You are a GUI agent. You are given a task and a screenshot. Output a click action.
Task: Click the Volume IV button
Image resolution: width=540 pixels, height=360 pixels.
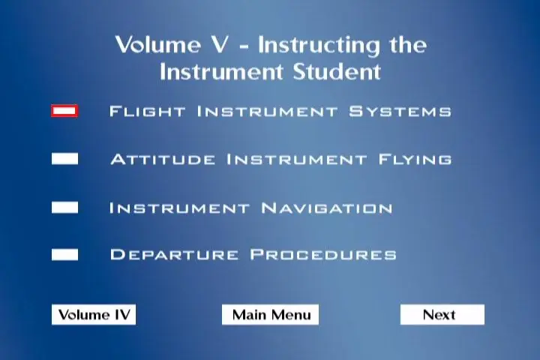tap(94, 314)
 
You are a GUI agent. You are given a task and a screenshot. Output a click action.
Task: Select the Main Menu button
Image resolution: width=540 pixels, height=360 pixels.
tap(270, 314)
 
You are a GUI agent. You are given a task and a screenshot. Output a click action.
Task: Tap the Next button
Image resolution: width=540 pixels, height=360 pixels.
tap(442, 314)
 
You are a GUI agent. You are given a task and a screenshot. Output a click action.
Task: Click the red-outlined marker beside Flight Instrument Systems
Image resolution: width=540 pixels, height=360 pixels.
tap(64, 111)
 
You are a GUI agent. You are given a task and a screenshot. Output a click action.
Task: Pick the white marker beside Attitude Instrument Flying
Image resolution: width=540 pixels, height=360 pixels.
tap(64, 159)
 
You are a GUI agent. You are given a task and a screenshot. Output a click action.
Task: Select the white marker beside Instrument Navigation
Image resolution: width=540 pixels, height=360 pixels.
tap(64, 208)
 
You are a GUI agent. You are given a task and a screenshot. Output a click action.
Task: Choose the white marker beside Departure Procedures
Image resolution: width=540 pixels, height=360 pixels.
tap(64, 254)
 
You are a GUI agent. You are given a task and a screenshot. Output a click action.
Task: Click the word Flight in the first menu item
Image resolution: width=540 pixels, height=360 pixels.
tap(148, 111)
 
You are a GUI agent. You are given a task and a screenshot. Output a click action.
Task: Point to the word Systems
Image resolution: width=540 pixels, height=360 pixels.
tap(400, 111)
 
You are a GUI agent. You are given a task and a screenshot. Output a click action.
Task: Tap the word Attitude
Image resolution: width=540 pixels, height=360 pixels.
tap(163, 159)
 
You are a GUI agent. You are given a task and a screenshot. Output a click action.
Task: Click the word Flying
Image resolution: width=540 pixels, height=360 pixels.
tap(415, 159)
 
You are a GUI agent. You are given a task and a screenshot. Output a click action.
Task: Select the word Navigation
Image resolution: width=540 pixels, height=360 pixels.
tap(326, 208)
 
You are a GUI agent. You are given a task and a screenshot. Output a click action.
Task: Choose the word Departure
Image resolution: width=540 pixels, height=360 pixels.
tap(174, 254)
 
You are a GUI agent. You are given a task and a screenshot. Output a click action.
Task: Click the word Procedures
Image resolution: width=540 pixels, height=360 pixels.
tap(323, 254)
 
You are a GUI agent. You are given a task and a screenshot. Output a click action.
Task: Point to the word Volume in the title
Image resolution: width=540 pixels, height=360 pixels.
tap(158, 45)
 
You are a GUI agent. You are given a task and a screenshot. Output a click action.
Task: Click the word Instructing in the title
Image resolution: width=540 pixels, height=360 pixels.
tap(319, 46)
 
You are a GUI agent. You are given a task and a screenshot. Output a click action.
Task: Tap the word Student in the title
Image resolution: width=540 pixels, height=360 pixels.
tap(337, 72)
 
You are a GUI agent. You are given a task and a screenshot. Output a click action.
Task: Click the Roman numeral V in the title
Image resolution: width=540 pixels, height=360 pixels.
tap(219, 45)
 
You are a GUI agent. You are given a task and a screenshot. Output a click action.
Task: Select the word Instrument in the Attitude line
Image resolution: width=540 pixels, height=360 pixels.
tap(296, 159)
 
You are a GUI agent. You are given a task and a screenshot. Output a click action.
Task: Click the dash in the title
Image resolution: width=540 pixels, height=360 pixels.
tap(244, 46)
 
